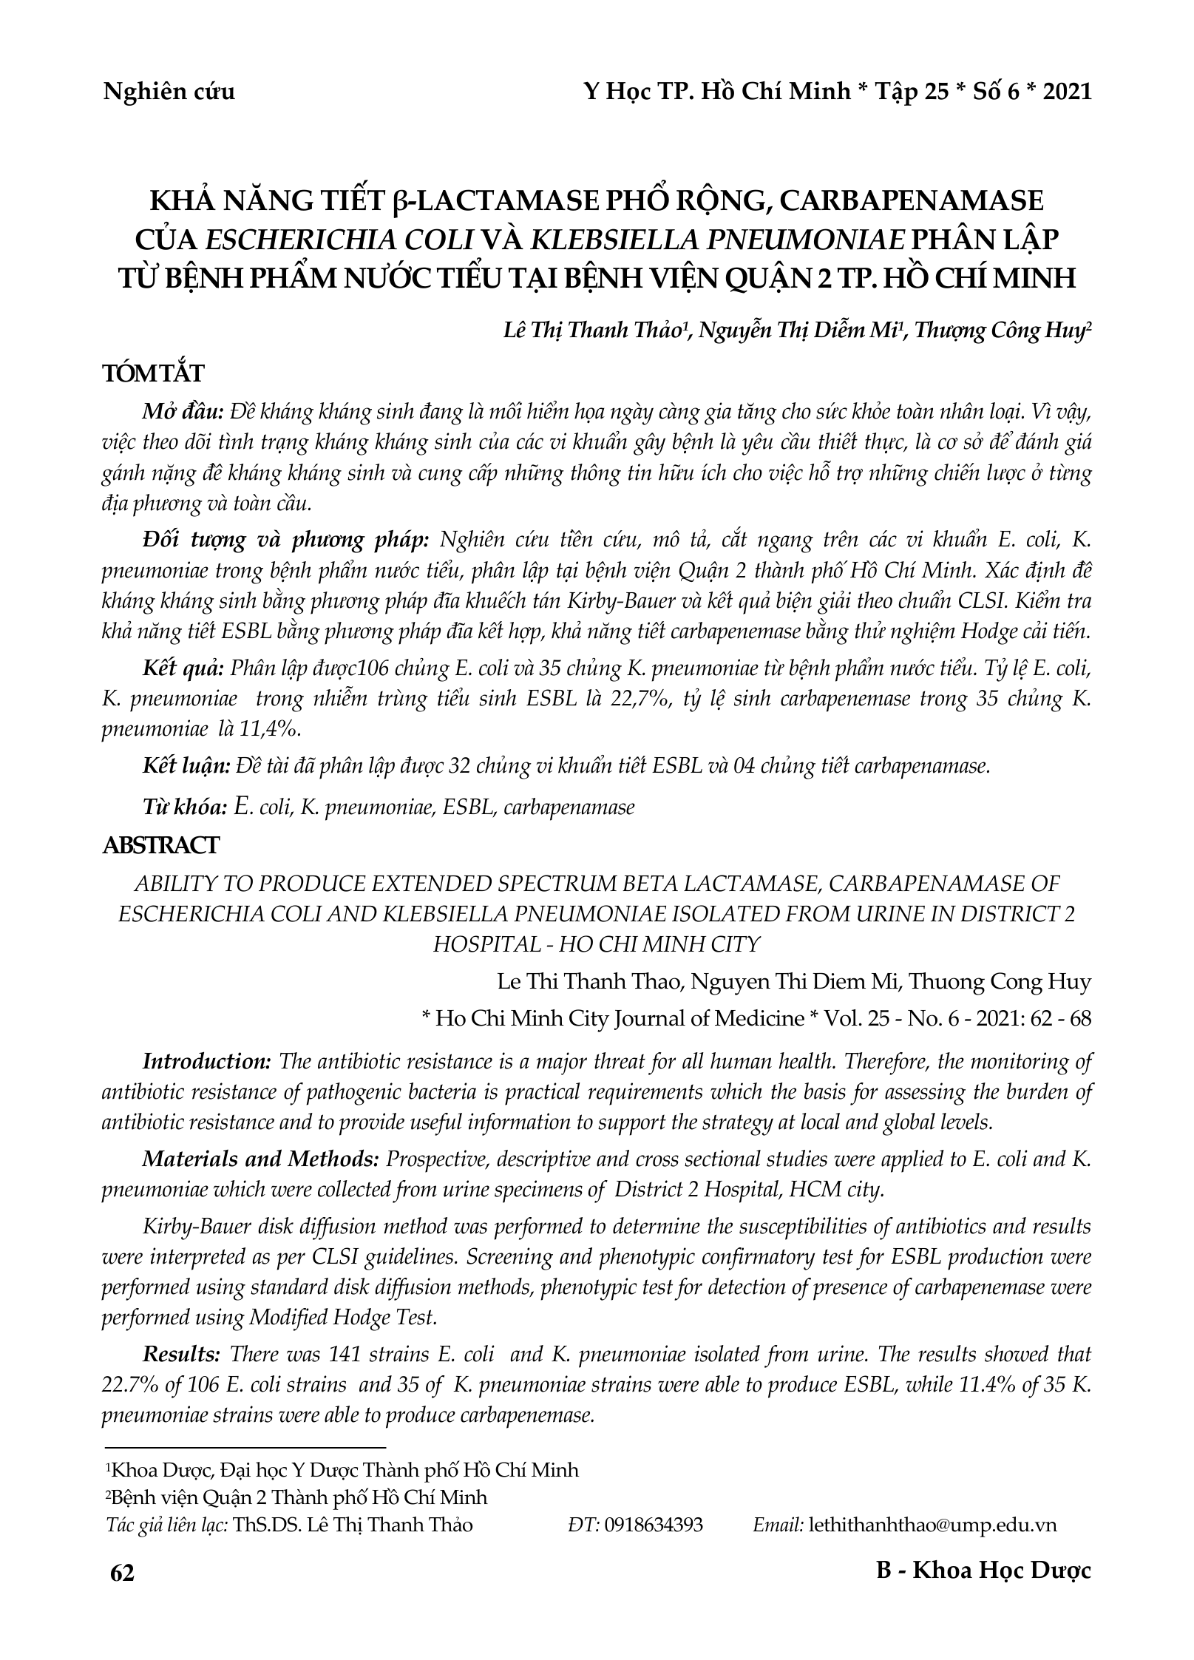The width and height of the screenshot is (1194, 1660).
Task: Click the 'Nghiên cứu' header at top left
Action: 169,92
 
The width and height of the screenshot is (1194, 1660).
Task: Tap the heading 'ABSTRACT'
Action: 160,845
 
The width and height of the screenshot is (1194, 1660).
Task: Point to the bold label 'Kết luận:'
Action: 188,766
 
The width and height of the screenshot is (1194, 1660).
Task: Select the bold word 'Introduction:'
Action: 207,1062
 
